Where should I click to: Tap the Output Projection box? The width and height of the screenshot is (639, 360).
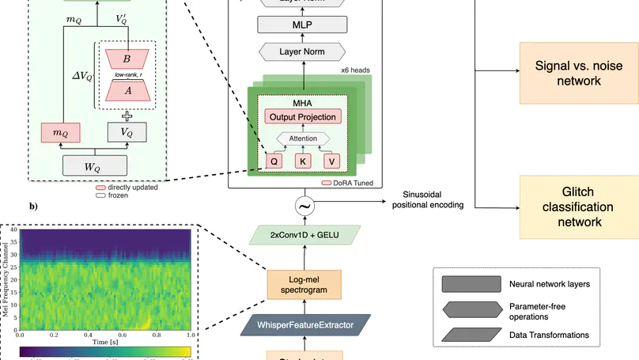(304, 117)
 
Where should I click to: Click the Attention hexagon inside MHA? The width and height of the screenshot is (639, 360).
(304, 138)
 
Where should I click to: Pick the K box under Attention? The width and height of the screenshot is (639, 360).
(304, 161)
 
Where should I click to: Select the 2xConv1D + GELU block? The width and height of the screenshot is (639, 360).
(304, 235)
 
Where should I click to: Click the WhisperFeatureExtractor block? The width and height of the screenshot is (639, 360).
(304, 324)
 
